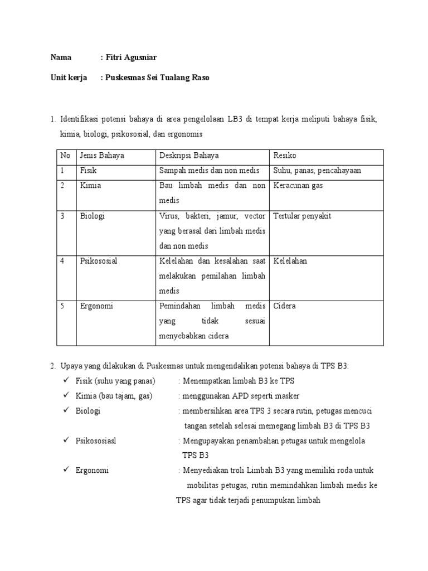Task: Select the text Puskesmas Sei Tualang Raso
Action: pyautogui.click(x=157, y=78)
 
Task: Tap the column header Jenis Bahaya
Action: pyautogui.click(x=102, y=156)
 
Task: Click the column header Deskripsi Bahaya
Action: pyautogui.click(x=189, y=156)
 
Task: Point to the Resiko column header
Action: pyautogui.click(x=285, y=156)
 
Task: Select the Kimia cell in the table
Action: pyautogui.click(x=90, y=186)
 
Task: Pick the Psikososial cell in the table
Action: pyautogui.click(x=99, y=261)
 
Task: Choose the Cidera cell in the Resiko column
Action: pyautogui.click(x=284, y=306)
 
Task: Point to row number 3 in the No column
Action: pyautogui.click(x=63, y=216)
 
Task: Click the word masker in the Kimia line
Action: pyautogui.click(x=289, y=396)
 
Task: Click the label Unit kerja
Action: pyautogui.click(x=69, y=78)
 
